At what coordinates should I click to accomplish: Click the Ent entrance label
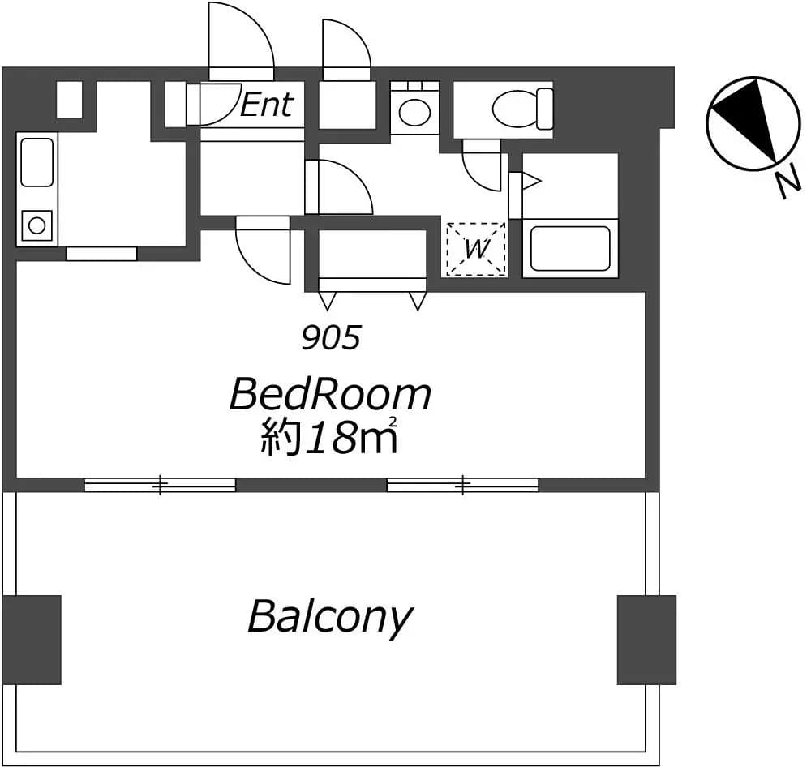click(x=267, y=105)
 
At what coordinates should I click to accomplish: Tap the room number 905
click(x=331, y=338)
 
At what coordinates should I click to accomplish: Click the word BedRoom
click(x=330, y=395)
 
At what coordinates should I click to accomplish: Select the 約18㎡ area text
click(x=329, y=437)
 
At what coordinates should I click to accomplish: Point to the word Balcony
click(x=330, y=616)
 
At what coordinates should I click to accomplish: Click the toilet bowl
click(x=515, y=109)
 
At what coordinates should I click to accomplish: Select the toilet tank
click(x=545, y=109)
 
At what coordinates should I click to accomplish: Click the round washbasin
click(x=414, y=112)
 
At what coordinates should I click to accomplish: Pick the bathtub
click(x=570, y=249)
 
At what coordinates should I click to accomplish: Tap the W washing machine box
click(x=476, y=249)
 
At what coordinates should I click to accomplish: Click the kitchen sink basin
click(x=36, y=162)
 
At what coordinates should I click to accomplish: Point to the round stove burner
click(x=36, y=225)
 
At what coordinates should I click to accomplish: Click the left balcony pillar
click(x=32, y=639)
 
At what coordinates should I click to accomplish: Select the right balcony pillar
click(x=646, y=639)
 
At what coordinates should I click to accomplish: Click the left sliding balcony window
click(x=160, y=485)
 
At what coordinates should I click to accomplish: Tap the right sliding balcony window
click(x=463, y=485)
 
